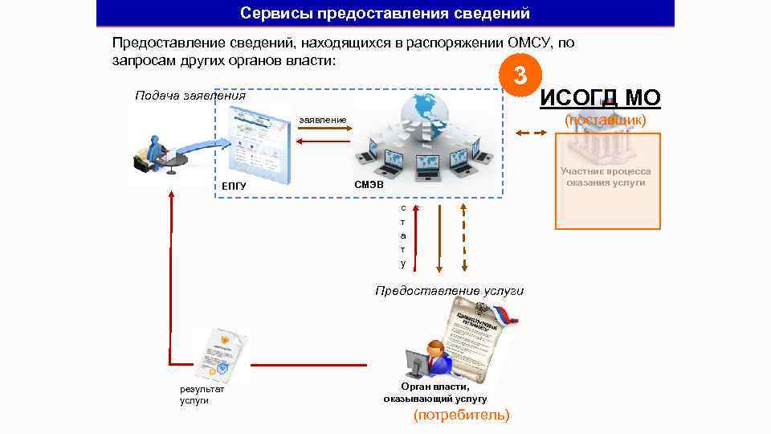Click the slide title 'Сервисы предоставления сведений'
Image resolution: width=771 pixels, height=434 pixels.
(x=385, y=14)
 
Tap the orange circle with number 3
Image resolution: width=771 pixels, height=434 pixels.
(x=520, y=76)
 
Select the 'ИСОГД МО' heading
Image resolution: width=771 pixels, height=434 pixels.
(x=600, y=98)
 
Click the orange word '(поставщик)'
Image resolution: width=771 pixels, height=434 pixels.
(x=605, y=121)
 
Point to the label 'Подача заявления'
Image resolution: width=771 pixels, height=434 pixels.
(x=190, y=95)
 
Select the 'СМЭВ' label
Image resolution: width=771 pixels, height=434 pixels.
(x=369, y=186)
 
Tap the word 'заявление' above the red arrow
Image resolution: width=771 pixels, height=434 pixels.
(x=323, y=121)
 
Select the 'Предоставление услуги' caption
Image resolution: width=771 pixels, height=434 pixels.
(x=449, y=290)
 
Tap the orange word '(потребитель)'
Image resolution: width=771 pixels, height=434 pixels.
(x=461, y=416)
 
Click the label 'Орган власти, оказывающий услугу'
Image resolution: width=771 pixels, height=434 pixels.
(x=435, y=393)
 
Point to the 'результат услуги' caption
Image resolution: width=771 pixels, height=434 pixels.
(x=202, y=395)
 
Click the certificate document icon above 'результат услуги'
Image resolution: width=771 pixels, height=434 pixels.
(x=220, y=354)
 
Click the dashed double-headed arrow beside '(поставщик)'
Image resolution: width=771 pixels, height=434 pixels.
(x=528, y=133)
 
